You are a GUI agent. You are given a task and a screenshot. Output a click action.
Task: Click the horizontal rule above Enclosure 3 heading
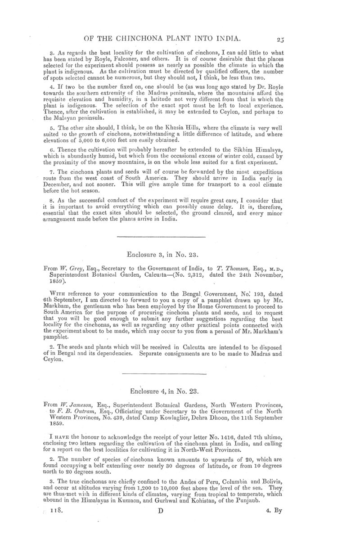click(x=161, y=237)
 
